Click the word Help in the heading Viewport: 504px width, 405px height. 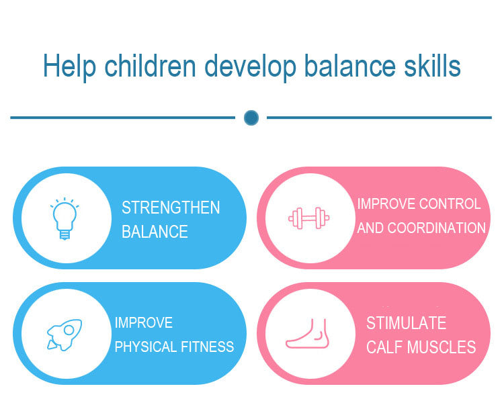69,66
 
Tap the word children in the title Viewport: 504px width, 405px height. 150,66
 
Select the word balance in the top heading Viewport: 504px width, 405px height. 349,66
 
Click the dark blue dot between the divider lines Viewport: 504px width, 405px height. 251,118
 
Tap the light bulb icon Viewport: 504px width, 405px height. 65,218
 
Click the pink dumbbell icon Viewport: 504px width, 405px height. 309,218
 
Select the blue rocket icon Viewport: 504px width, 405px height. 65,334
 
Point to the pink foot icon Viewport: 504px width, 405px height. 307,334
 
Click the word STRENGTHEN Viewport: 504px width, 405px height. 171,208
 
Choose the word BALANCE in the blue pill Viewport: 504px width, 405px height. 155,232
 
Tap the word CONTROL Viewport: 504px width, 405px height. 450,204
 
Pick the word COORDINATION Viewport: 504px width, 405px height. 437,228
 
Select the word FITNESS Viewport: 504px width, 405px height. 208,347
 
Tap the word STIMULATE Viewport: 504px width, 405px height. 407,323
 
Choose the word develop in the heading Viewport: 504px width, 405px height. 250,66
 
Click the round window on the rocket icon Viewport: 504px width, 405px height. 69,330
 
